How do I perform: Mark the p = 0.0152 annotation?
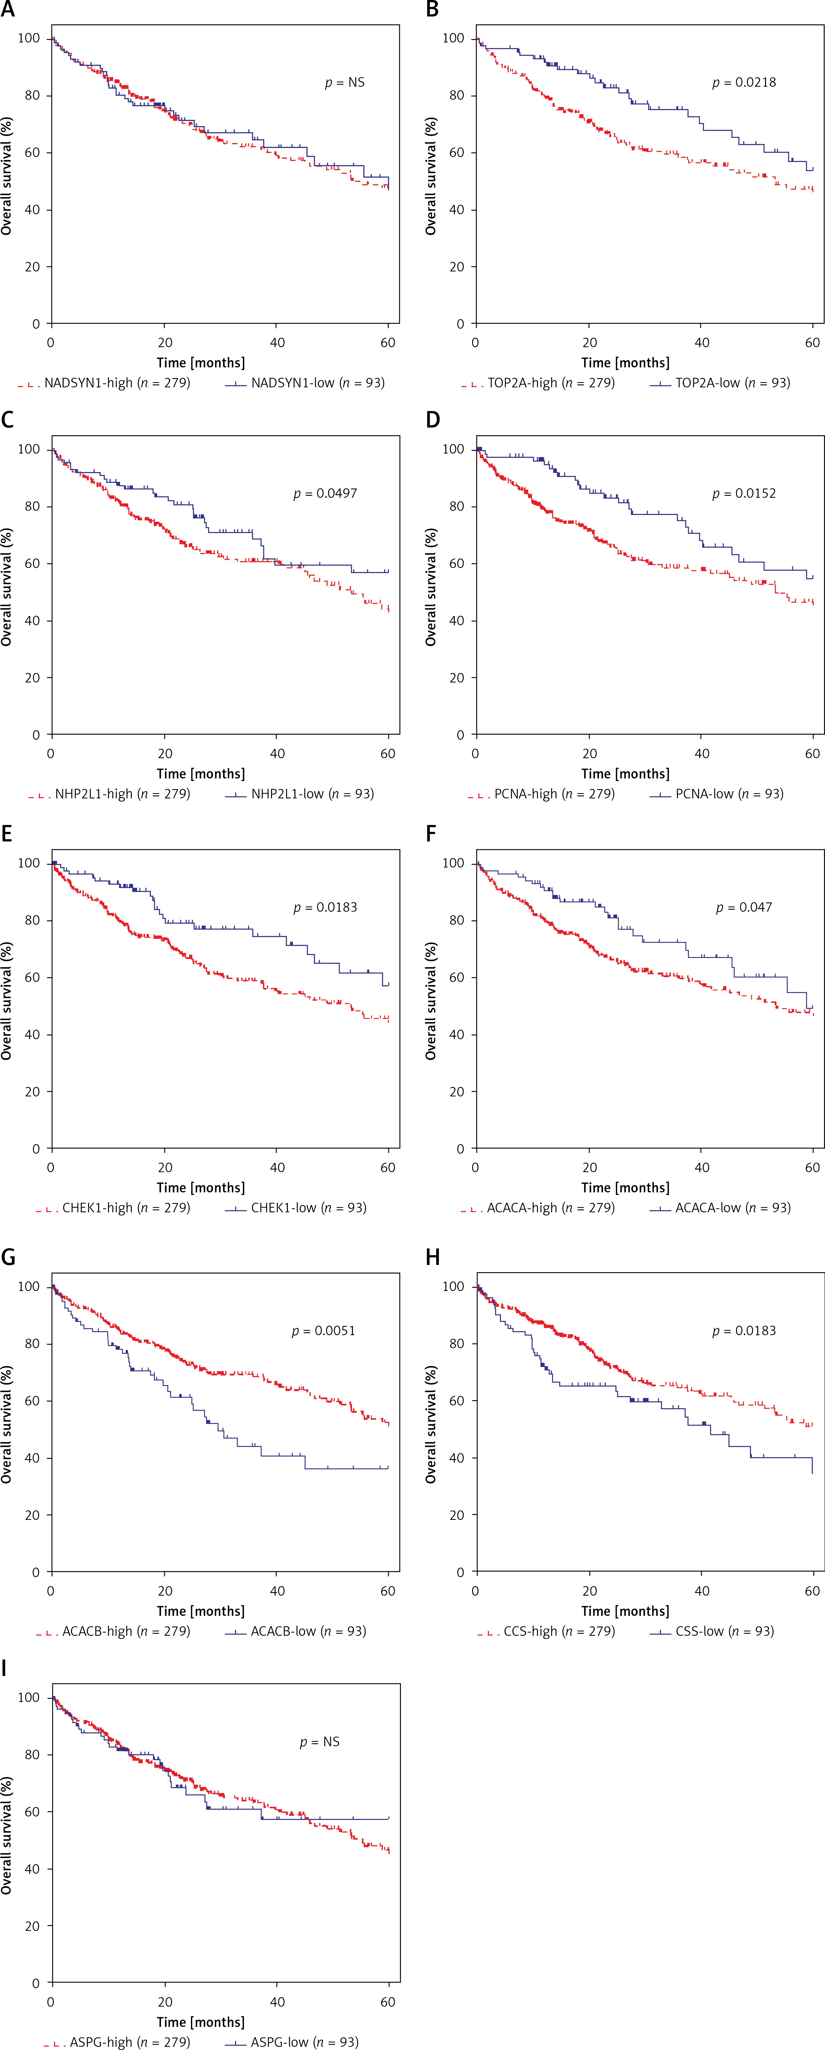coord(744,493)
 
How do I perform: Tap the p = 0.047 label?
coord(744,907)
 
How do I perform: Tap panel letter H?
coord(433,1257)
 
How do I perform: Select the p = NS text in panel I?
coord(320,1742)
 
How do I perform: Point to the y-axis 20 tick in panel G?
coord(32,1515)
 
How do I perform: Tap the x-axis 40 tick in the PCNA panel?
coord(702,754)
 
